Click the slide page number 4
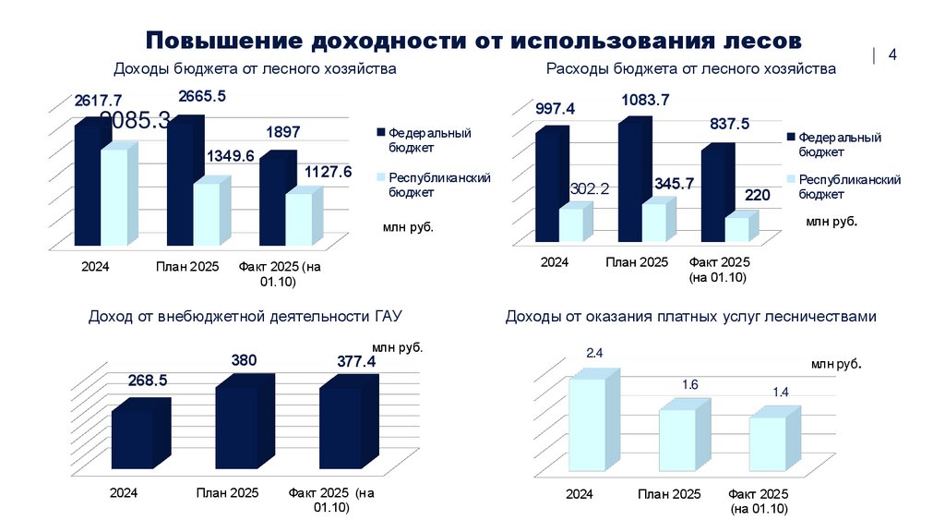pos(892,55)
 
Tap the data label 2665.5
pos(201,95)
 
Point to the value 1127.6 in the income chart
pos(329,172)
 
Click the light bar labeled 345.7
pos(654,223)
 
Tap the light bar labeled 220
pos(736,229)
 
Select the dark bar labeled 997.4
pos(546,186)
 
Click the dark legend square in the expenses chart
pos(791,137)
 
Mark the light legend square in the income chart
pos(381,177)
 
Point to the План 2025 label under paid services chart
pos(669,494)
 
